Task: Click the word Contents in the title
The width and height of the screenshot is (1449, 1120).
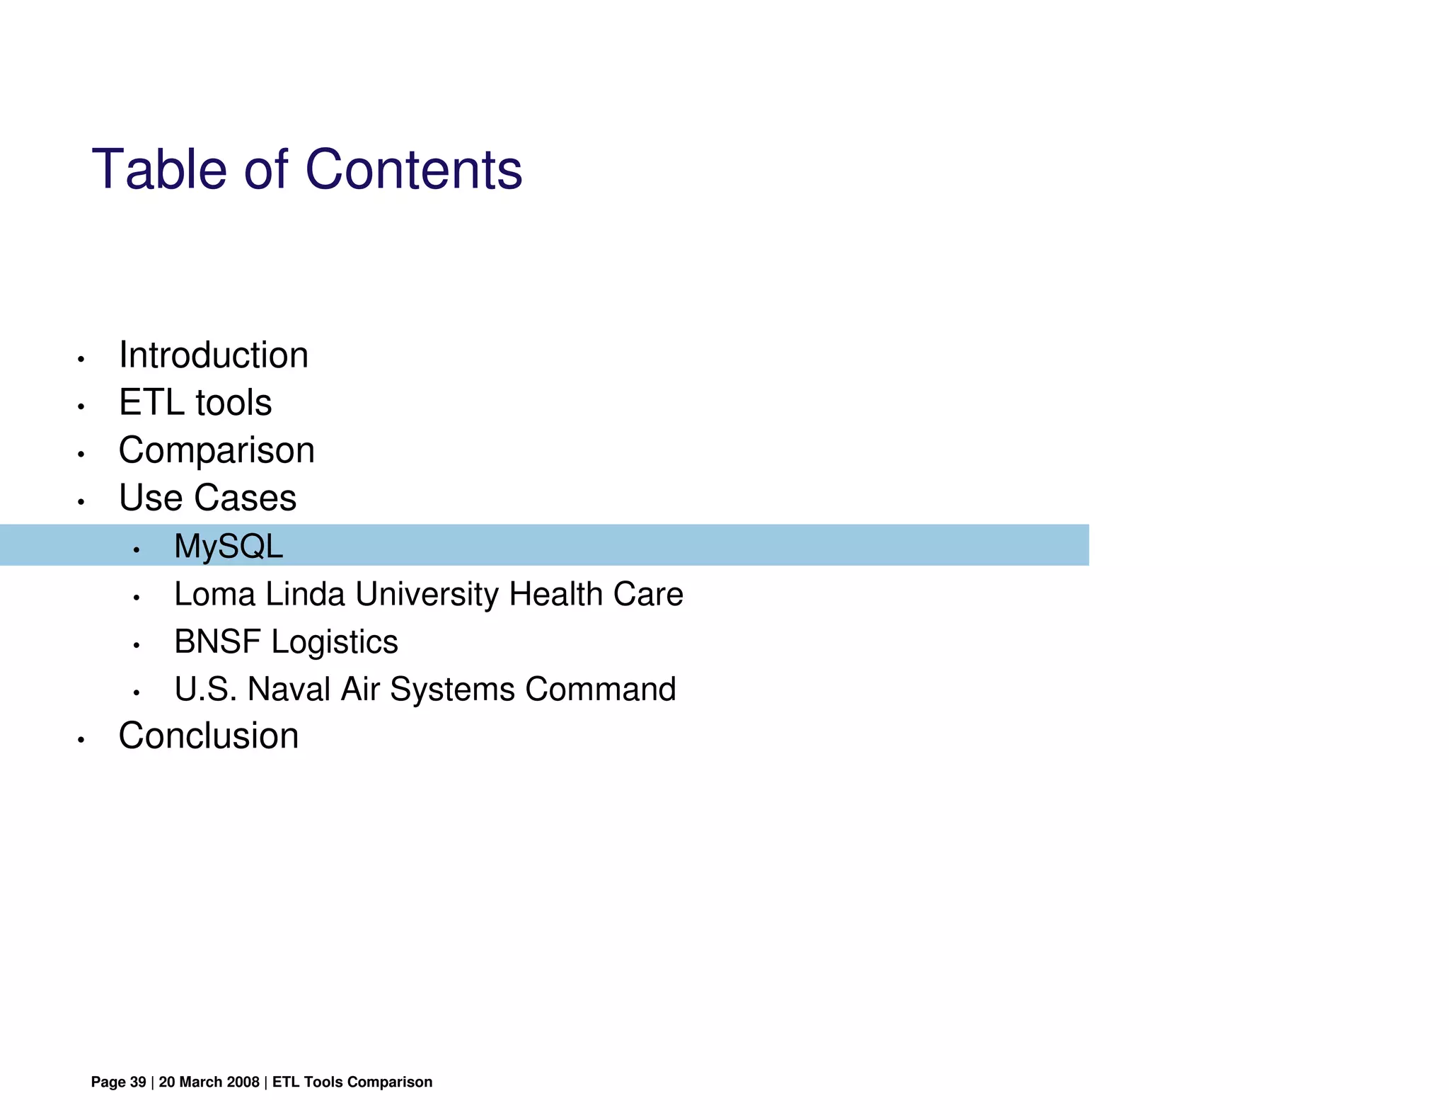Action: click(x=413, y=170)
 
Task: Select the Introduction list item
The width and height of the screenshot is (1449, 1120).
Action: click(x=214, y=355)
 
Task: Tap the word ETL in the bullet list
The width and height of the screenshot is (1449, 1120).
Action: click(x=151, y=403)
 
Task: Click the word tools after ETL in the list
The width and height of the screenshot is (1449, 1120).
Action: click(x=233, y=403)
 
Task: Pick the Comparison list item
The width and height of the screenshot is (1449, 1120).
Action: click(x=217, y=450)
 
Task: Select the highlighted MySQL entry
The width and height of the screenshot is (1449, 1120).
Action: click(x=229, y=546)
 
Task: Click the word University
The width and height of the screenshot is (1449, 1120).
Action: click(x=427, y=594)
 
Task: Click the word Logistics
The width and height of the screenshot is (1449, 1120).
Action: click(x=335, y=641)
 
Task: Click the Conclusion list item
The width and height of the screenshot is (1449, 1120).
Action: click(x=209, y=736)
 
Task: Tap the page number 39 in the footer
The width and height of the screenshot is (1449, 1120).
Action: click(x=138, y=1082)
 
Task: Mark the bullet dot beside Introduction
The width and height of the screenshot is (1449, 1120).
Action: click(x=81, y=360)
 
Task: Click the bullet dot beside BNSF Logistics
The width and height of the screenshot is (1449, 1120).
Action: click(x=137, y=646)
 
